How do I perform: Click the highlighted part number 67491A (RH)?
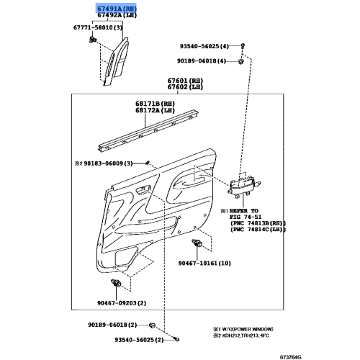click(x=117, y=9)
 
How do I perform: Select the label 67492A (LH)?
click(x=117, y=15)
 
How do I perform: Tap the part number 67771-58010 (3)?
click(x=98, y=27)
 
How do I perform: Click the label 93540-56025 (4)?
click(x=204, y=46)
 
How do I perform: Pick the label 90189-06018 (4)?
click(x=202, y=61)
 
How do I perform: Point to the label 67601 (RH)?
click(x=185, y=81)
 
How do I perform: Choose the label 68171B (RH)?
click(x=155, y=104)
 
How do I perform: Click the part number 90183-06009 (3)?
click(x=108, y=163)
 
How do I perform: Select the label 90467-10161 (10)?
click(x=204, y=264)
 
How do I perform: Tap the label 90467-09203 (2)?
click(x=122, y=303)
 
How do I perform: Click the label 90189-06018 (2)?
click(x=112, y=325)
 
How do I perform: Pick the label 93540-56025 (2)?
click(x=139, y=340)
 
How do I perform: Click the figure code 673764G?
click(x=291, y=357)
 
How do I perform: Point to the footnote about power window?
click(x=243, y=329)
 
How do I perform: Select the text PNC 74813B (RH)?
click(x=258, y=223)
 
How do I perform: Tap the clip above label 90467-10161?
click(x=197, y=243)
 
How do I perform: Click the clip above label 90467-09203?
click(x=116, y=283)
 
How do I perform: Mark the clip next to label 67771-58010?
click(x=92, y=39)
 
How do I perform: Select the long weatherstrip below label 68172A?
click(x=148, y=131)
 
